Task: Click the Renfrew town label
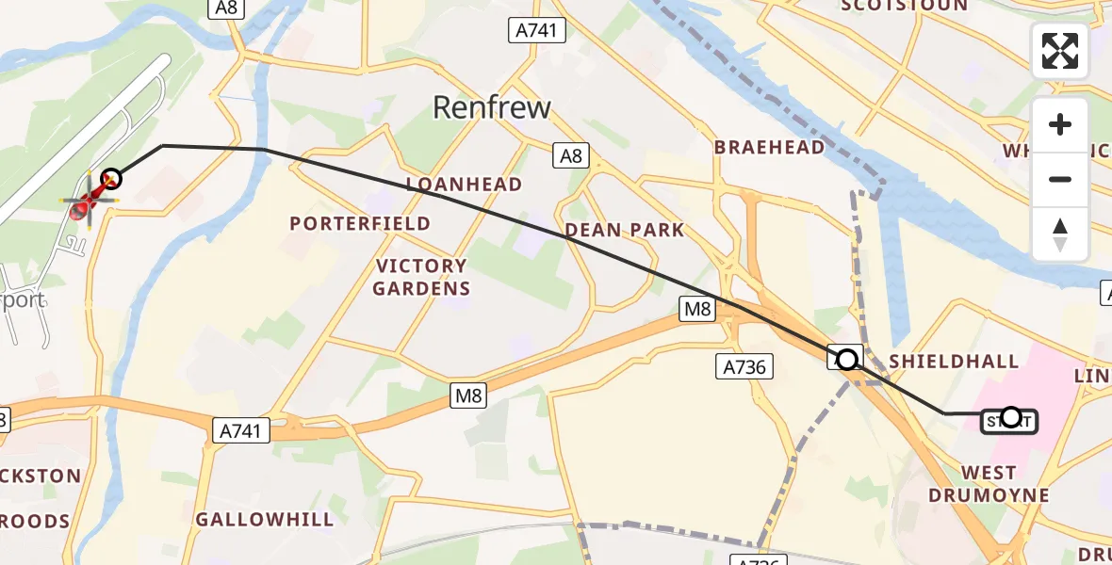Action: (491, 107)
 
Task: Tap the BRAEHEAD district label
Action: (769, 147)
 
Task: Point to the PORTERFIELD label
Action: (360, 224)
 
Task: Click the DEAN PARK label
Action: (625, 230)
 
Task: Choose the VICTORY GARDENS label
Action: (420, 277)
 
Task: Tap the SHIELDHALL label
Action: (954, 361)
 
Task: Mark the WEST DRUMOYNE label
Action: (989, 483)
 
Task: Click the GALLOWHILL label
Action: (265, 519)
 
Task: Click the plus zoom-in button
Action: (1060, 125)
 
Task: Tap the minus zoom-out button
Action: (1060, 179)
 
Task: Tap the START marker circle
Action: (1010, 416)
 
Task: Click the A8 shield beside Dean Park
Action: (571, 156)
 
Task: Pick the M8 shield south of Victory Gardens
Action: (468, 396)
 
